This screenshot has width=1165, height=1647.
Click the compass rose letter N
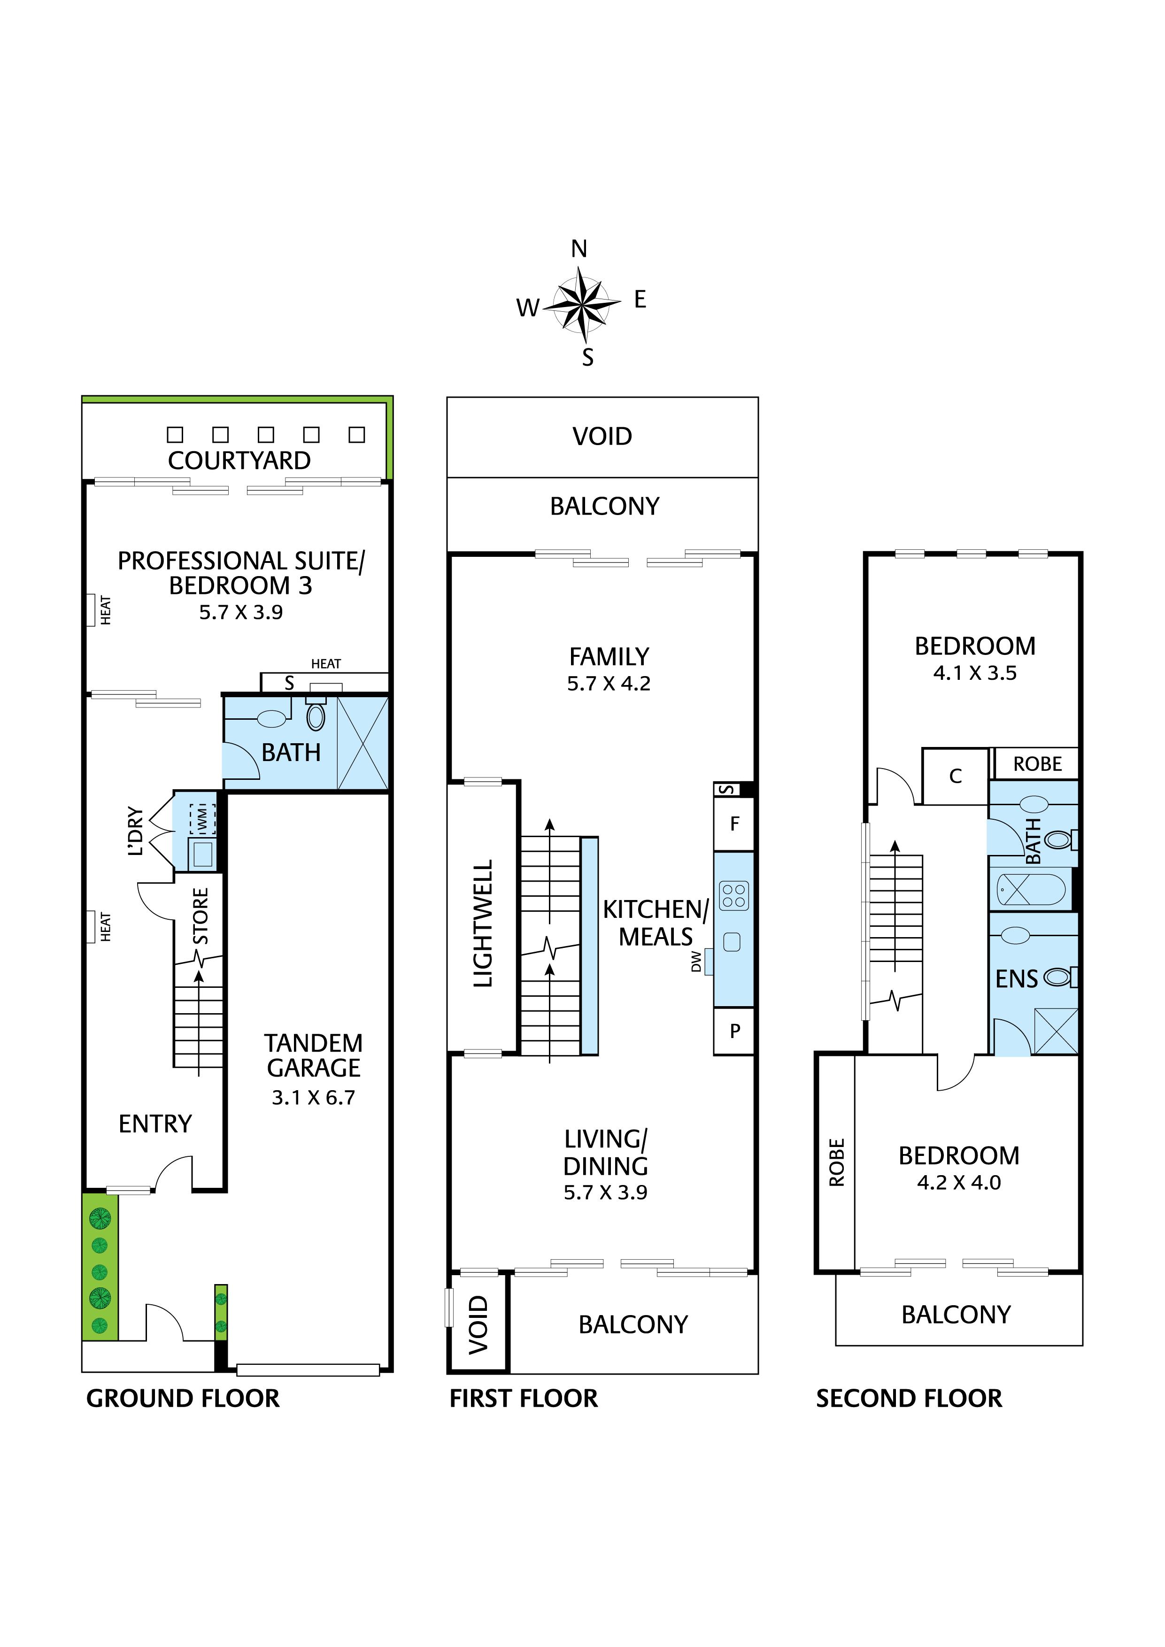[x=579, y=249]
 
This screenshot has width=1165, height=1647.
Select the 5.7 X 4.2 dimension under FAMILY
[x=608, y=684]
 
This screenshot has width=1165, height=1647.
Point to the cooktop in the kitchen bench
[x=734, y=895]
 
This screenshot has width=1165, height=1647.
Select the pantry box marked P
[x=734, y=1031]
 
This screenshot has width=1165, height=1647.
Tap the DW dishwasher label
[x=695, y=961]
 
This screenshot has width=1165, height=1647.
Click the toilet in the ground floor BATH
[x=316, y=716]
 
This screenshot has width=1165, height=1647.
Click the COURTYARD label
[x=239, y=461]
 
